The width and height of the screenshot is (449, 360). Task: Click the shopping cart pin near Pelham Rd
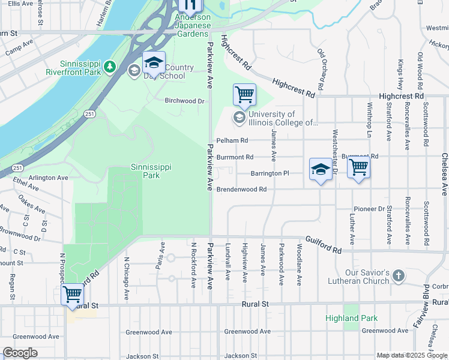point(244,95)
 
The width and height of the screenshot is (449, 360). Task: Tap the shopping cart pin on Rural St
point(72,295)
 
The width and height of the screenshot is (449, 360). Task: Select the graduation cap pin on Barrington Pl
point(321,170)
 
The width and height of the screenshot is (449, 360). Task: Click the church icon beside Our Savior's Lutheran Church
point(398,276)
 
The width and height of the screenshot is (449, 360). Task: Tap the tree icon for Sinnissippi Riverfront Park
point(110,67)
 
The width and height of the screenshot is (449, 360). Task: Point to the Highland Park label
point(352,318)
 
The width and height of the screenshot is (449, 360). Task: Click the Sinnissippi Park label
point(145,171)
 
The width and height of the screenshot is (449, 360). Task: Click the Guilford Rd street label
point(323,245)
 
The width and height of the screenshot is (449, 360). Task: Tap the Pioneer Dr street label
point(369,209)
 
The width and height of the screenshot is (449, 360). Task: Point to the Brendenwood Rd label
point(241,189)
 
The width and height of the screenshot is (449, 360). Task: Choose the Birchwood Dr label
point(185,101)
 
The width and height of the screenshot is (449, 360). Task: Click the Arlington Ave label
point(49,178)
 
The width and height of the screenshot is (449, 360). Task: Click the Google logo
point(20,353)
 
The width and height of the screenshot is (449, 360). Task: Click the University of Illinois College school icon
point(240,118)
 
